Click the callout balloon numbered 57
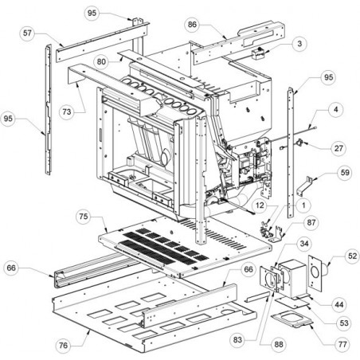[x=27, y=33]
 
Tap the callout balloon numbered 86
[x=192, y=25]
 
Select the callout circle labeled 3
[x=299, y=43]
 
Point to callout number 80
[x=101, y=61]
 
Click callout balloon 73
[x=67, y=112]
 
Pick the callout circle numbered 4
[x=336, y=109]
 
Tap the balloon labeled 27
[x=338, y=148]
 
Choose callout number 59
[x=345, y=173]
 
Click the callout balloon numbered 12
[x=260, y=205]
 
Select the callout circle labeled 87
[x=311, y=222]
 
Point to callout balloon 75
[x=84, y=217]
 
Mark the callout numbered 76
[x=63, y=346]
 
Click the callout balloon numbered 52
[x=352, y=256]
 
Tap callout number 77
[x=342, y=344]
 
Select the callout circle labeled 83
[x=237, y=339]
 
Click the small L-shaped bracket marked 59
[x=304, y=186]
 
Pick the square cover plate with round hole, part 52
[x=315, y=272]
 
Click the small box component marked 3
[x=258, y=54]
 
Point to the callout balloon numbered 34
[x=304, y=244]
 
